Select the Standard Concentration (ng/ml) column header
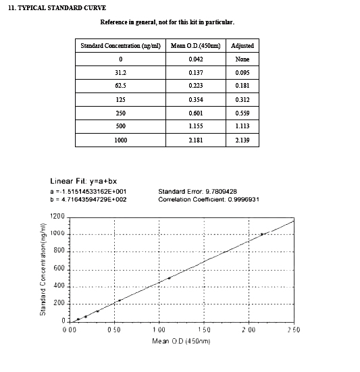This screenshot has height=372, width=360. point(120,45)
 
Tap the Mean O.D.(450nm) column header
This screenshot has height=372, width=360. point(195,45)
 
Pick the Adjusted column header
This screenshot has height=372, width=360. point(242,45)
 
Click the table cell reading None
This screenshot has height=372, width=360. point(242,59)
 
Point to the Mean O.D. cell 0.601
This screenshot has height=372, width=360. point(195,113)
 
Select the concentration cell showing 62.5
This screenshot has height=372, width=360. point(120,86)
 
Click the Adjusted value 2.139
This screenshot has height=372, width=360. point(242,140)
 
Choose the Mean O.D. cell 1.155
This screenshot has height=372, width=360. point(195,127)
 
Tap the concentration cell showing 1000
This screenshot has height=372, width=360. point(120,140)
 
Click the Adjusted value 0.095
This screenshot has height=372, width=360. point(242,72)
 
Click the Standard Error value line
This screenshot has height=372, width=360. point(197,192)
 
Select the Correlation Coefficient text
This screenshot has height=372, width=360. point(209,199)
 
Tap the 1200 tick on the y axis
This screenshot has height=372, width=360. point(57,217)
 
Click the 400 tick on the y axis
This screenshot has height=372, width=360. point(59,286)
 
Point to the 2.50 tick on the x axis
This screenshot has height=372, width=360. point(293,329)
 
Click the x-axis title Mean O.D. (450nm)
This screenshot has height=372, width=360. point(182,342)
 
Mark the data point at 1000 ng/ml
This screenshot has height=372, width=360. point(262,234)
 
